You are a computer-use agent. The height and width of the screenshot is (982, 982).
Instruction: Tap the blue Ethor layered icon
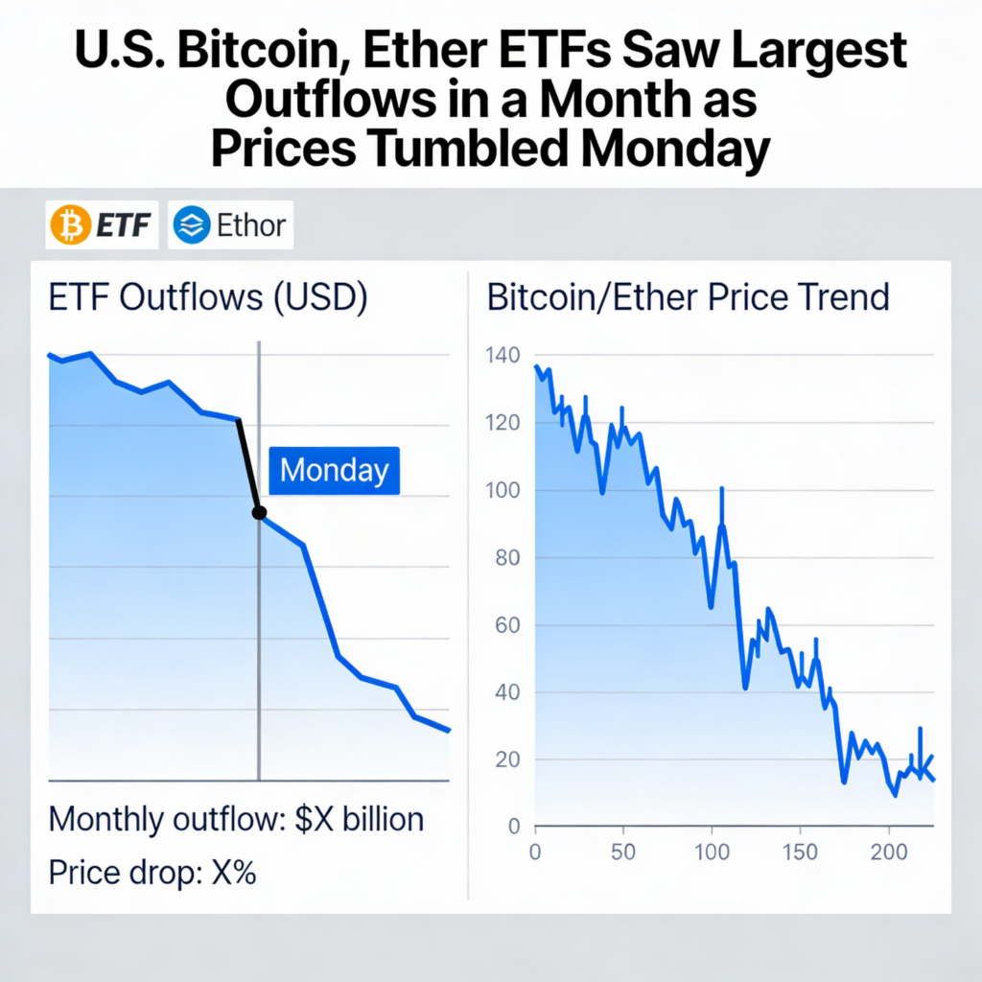192,226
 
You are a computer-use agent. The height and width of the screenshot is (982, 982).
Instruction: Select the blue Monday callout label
334,471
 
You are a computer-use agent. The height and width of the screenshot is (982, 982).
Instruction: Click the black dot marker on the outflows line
259,513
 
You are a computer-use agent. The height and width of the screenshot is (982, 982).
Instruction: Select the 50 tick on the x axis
623,851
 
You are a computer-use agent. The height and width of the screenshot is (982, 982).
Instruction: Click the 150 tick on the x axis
800,851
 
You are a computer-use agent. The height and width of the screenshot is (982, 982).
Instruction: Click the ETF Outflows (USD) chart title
208,298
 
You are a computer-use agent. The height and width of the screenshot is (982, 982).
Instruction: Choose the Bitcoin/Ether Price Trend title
689,298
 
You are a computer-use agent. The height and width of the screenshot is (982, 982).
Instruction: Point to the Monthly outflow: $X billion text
236,821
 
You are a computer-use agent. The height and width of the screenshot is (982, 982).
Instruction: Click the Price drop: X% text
152,874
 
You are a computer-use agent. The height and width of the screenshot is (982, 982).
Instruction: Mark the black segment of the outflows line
248,466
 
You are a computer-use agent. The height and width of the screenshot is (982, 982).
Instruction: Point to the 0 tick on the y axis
513,827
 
